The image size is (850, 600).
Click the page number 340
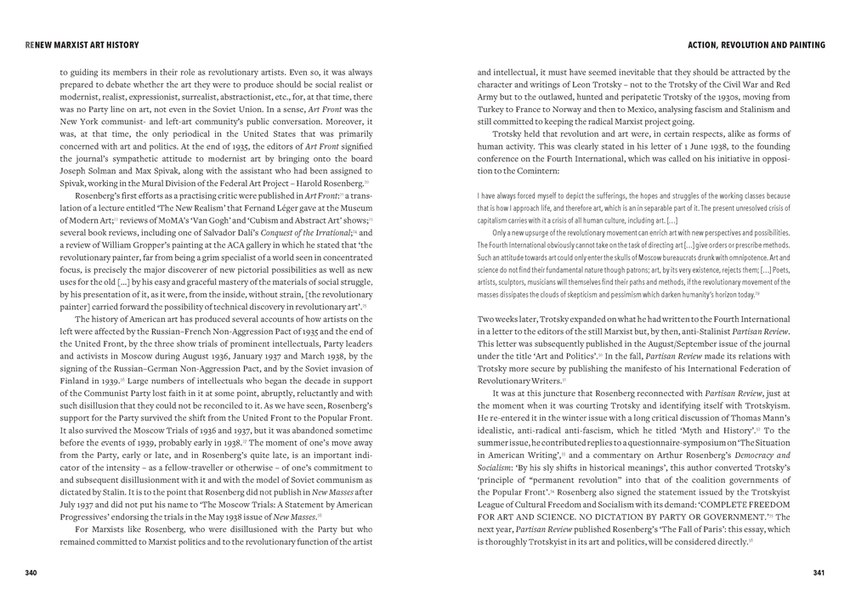pos(31,573)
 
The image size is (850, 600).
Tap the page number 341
pos(819,573)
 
